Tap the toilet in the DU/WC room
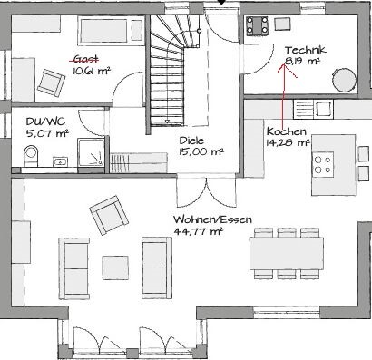[31, 155]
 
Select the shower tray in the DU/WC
[91, 152]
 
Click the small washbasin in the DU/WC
[60, 161]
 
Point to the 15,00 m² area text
[201, 151]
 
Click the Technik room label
[306, 50]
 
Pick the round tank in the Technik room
[344, 80]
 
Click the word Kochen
[287, 131]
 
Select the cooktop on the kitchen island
[323, 164]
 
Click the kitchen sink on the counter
[313, 109]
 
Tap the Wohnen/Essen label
[212, 219]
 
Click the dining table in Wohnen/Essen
[287, 253]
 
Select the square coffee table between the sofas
[115, 268]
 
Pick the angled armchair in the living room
[109, 215]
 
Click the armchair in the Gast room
[51, 82]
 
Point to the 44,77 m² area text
[198, 231]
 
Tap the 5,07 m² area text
[47, 133]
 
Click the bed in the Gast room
[111, 31]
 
